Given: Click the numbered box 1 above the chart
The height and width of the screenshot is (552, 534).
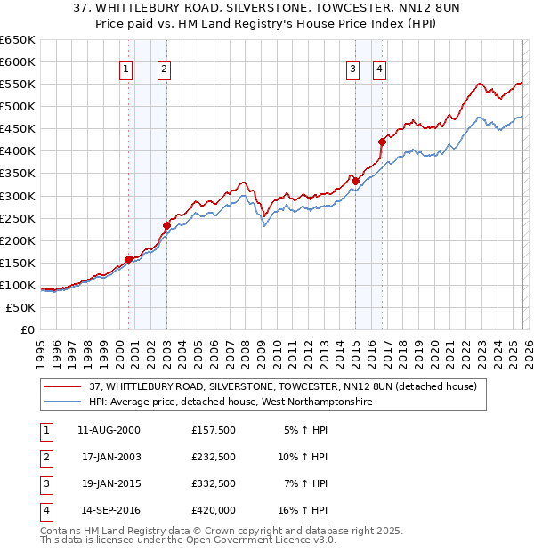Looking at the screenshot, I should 125,69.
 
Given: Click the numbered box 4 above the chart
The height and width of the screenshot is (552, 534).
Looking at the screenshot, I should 379,69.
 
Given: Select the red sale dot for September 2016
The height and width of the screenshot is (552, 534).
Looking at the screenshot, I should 382,142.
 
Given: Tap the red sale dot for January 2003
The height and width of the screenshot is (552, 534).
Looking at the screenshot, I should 166,225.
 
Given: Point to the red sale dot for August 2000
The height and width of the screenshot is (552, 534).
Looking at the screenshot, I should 128,259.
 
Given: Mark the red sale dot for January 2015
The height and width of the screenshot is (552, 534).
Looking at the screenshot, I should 355,181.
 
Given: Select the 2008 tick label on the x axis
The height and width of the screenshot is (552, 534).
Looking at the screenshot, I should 245,348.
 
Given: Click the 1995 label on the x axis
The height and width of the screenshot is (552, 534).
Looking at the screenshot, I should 41,348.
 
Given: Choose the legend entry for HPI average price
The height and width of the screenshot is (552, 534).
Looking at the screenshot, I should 231,402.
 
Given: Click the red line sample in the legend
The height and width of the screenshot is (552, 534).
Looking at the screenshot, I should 62,386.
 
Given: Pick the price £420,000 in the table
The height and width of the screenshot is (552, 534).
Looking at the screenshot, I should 213,510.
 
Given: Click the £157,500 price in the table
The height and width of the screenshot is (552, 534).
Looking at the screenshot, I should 213,430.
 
